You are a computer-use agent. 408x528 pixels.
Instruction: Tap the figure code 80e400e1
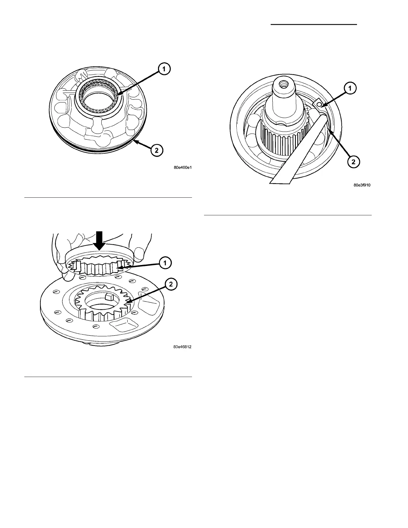[x=183, y=169]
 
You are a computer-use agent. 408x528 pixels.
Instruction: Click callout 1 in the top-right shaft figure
[x=350, y=88]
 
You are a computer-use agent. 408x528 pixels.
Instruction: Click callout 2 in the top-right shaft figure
[x=353, y=162]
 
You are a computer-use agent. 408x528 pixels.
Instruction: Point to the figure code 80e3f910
[x=362, y=186]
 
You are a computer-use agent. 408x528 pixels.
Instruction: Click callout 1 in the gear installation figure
[x=165, y=263]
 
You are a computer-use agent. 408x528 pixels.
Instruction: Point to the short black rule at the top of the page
[x=313, y=24]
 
